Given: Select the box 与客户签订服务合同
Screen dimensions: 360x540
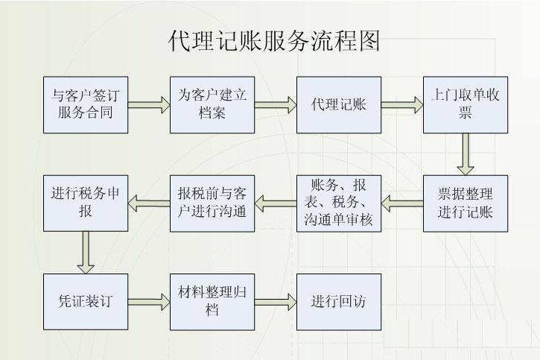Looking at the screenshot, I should pos(86,104).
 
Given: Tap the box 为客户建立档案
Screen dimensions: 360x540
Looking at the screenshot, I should pos(212,104).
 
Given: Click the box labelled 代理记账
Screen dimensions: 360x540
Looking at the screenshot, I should pos(339,104).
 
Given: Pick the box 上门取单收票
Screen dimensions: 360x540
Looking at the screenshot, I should pos(466,104).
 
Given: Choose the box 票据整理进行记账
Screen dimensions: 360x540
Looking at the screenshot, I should pos(466,202).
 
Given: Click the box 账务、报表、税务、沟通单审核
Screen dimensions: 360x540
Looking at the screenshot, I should pos(339,202).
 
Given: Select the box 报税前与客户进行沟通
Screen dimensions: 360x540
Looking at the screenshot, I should pos(212,202).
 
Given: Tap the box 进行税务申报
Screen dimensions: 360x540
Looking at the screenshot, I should pos(86,202).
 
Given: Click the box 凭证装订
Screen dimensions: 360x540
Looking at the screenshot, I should pos(86,301).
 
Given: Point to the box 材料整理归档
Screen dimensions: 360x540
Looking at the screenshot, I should pos(212,301).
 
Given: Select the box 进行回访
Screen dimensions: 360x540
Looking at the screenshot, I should pos(339,301).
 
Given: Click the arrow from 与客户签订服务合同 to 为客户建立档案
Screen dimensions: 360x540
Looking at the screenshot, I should pos(149,104).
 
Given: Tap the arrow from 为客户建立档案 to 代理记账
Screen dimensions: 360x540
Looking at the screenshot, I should pos(276,104).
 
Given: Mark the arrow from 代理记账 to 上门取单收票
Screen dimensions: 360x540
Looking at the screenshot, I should pos(402,104).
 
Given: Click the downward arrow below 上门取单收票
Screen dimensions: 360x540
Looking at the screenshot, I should pos(466,153).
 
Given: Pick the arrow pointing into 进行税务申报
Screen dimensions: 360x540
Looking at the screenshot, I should pos(149,200).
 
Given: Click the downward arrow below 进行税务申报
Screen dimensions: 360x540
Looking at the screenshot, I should pos(86,251).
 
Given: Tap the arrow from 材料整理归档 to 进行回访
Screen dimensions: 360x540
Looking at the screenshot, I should pos(276,301).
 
